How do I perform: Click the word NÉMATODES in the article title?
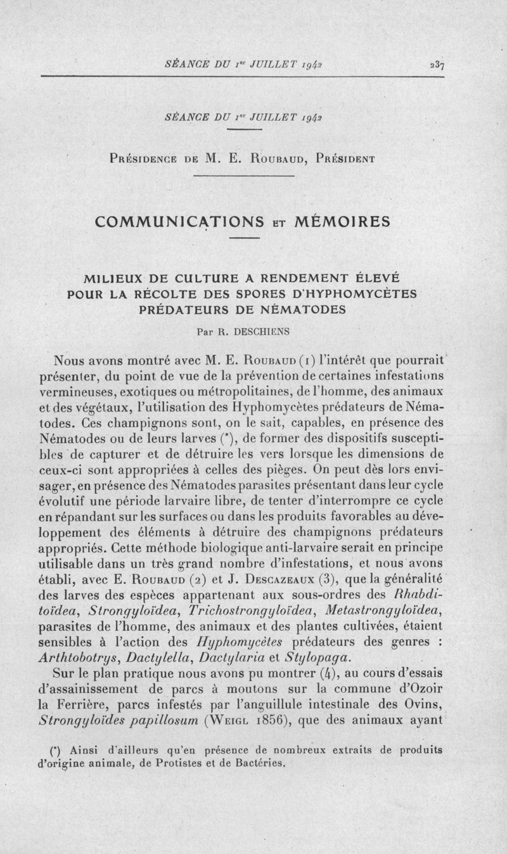(293, 309)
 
